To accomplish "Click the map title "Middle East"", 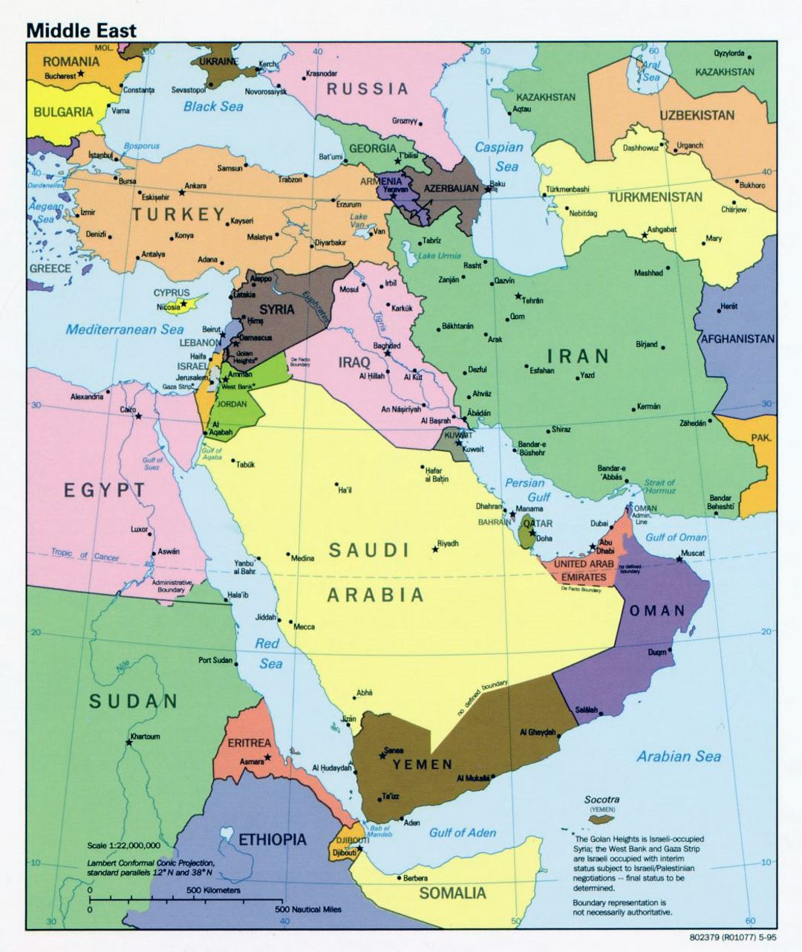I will (82, 30).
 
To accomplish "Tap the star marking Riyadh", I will (435, 550).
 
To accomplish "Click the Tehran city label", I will (532, 300).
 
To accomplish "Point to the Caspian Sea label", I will (499, 157).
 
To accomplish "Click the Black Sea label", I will (213, 106).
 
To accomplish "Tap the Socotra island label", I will (602, 800).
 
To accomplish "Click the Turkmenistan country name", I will (655, 198).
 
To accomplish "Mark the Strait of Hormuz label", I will (659, 487).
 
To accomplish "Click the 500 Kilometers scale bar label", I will (213, 890).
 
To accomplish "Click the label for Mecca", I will (304, 626).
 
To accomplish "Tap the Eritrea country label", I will (249, 742).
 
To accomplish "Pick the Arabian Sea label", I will (679, 757).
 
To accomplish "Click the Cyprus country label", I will (172, 293).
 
